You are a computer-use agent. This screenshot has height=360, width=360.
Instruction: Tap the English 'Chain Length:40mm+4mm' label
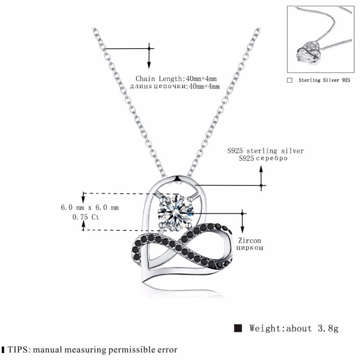click(x=176, y=79)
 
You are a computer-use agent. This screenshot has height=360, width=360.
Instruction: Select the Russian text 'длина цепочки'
click(x=157, y=86)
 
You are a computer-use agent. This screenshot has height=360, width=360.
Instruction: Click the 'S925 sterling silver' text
click(x=265, y=151)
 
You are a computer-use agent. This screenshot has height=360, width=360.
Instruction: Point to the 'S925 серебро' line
click(x=263, y=158)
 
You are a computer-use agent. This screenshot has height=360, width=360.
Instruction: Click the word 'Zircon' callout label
click(x=250, y=241)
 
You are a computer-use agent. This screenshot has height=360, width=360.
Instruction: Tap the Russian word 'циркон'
click(x=250, y=248)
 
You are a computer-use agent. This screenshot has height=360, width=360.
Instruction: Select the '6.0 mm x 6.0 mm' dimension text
click(x=90, y=207)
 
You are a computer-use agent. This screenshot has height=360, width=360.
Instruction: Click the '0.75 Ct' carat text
click(x=85, y=217)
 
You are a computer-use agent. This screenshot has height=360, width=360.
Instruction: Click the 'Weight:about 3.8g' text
click(x=294, y=328)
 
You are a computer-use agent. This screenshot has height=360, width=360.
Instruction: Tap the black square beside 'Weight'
click(x=238, y=328)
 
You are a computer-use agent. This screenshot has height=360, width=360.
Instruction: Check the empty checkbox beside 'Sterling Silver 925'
click(x=290, y=81)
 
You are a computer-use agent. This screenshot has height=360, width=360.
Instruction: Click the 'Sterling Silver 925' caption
click(x=324, y=80)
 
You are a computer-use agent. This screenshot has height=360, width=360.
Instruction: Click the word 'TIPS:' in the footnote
click(x=19, y=350)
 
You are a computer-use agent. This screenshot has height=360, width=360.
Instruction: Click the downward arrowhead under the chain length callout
click(x=149, y=65)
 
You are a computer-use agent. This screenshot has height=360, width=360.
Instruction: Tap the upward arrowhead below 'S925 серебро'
click(x=261, y=169)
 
